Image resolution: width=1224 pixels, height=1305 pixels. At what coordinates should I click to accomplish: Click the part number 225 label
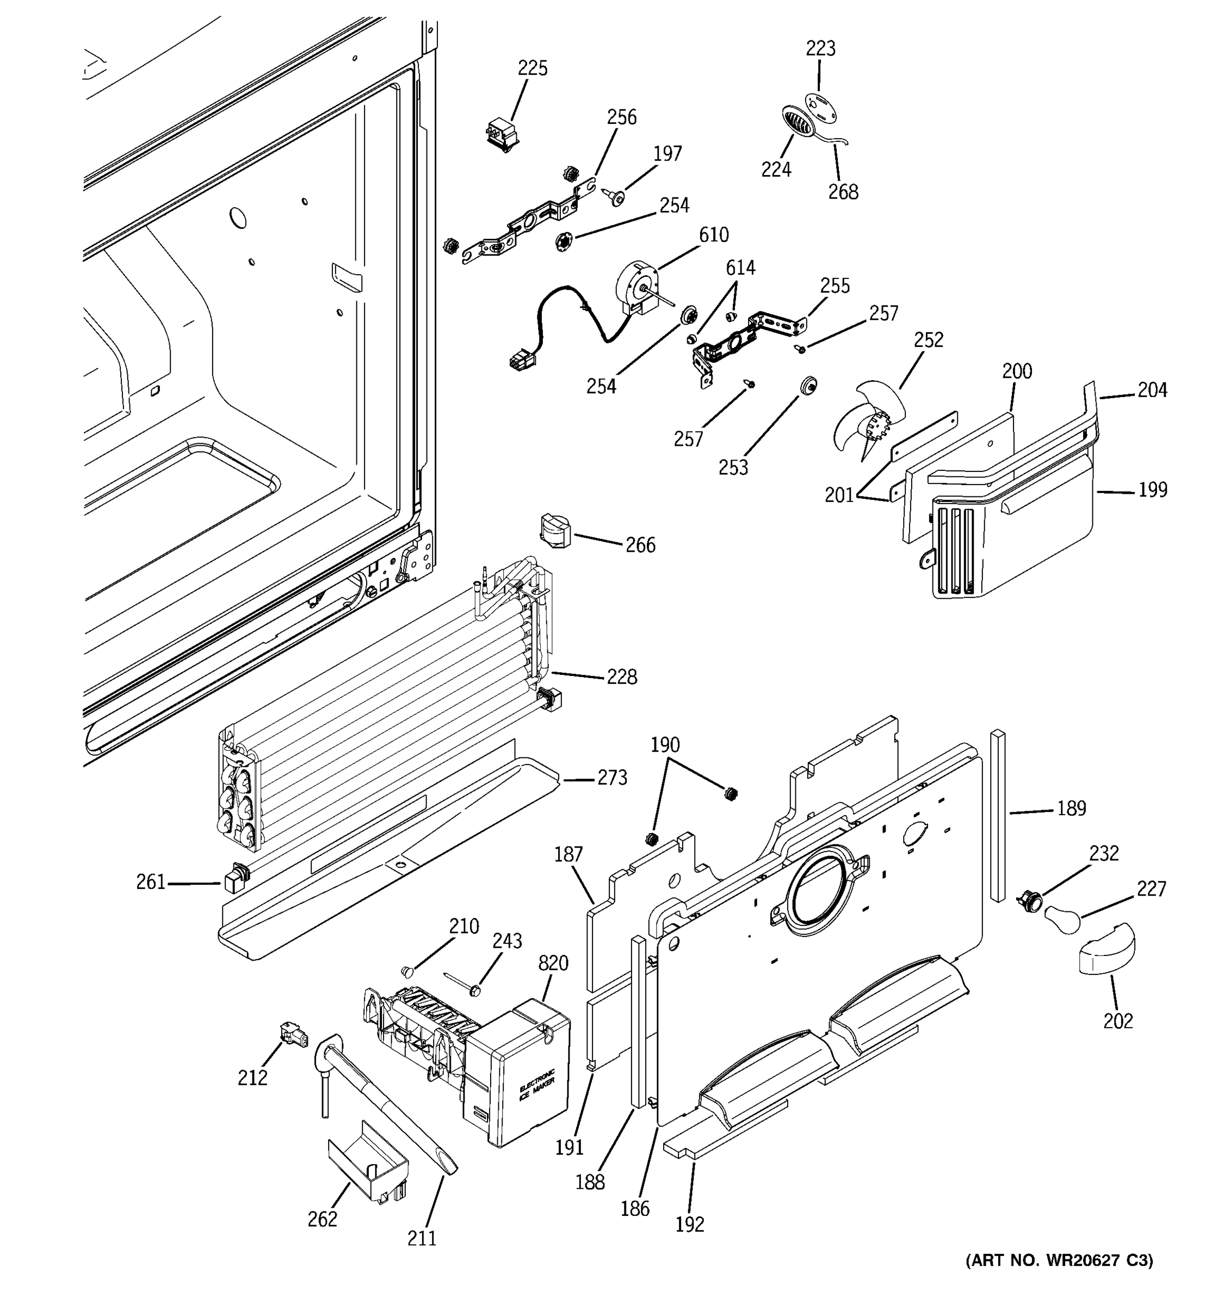tap(532, 69)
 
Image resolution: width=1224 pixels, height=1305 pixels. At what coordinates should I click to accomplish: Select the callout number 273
tap(612, 778)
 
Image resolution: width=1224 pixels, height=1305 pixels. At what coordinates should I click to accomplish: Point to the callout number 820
tap(553, 964)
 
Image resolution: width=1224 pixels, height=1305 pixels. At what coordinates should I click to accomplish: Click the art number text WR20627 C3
tap(1059, 1260)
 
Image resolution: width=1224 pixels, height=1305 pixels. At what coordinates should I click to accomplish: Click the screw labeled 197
tap(616, 197)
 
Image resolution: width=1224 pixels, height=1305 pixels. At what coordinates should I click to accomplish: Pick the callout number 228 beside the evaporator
tap(621, 677)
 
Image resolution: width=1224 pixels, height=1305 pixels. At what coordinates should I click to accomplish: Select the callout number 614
tap(740, 268)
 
